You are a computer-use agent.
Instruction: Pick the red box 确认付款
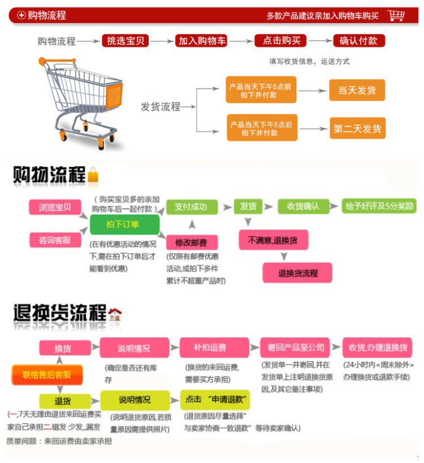point(359,41)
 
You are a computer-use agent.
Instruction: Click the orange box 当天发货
point(357,90)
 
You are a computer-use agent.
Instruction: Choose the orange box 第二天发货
point(357,129)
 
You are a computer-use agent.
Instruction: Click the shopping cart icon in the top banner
point(397,15)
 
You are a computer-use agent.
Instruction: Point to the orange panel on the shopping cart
point(111,91)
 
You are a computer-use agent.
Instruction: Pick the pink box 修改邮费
point(192,243)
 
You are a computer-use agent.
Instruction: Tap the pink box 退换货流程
point(297,273)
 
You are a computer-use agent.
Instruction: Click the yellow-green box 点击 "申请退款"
point(215,399)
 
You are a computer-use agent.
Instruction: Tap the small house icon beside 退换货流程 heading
point(115,314)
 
